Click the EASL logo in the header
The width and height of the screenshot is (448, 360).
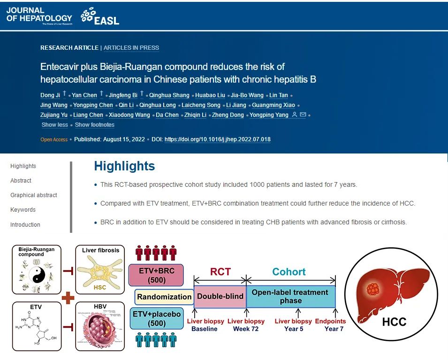(x=100, y=16)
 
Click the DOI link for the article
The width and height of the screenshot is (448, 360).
(x=217, y=139)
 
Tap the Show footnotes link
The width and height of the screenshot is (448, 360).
(x=95, y=125)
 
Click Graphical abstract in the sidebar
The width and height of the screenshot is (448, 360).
(x=34, y=195)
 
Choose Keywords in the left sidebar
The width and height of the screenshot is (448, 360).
(x=23, y=210)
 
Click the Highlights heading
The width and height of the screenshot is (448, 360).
(x=124, y=166)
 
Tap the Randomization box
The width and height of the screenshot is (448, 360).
(x=164, y=297)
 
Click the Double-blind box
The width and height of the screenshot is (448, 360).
(x=220, y=297)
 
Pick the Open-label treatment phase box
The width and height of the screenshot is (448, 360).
(x=290, y=296)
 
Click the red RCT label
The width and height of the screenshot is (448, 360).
(x=220, y=272)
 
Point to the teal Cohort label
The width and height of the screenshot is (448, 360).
(x=289, y=272)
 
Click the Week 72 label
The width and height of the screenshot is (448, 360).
(x=246, y=329)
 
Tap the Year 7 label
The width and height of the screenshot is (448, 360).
(x=334, y=329)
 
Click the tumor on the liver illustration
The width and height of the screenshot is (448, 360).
(x=374, y=287)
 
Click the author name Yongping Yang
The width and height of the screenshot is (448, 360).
(x=269, y=115)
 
